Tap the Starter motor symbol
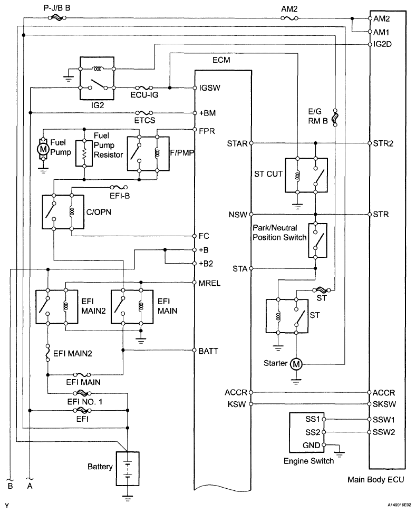tap(296, 364)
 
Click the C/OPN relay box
tap(63, 212)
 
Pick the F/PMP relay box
tap(147, 153)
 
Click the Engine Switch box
tap(308, 434)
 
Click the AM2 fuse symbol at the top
tap(287, 19)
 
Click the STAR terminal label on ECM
tap(238, 143)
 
